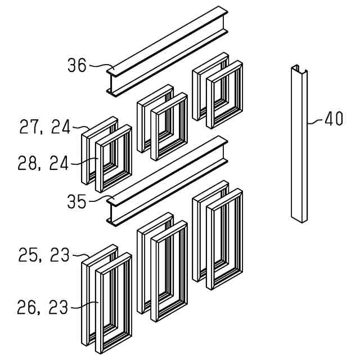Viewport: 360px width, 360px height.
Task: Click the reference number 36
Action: click(77, 66)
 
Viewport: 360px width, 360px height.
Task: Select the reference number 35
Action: click(77, 201)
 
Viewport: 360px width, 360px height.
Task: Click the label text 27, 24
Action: click(45, 127)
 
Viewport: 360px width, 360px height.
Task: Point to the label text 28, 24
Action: click(43, 164)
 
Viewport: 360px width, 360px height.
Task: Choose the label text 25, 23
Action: click(44, 255)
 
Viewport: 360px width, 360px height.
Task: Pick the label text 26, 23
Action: click(43, 307)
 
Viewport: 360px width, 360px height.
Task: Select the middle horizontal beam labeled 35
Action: click(169, 180)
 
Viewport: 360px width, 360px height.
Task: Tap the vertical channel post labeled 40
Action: click(299, 146)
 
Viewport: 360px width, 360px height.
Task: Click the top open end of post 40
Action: click(299, 70)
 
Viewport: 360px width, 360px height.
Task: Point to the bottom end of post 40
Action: click(299, 218)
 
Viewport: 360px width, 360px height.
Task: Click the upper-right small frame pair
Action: click(218, 92)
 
